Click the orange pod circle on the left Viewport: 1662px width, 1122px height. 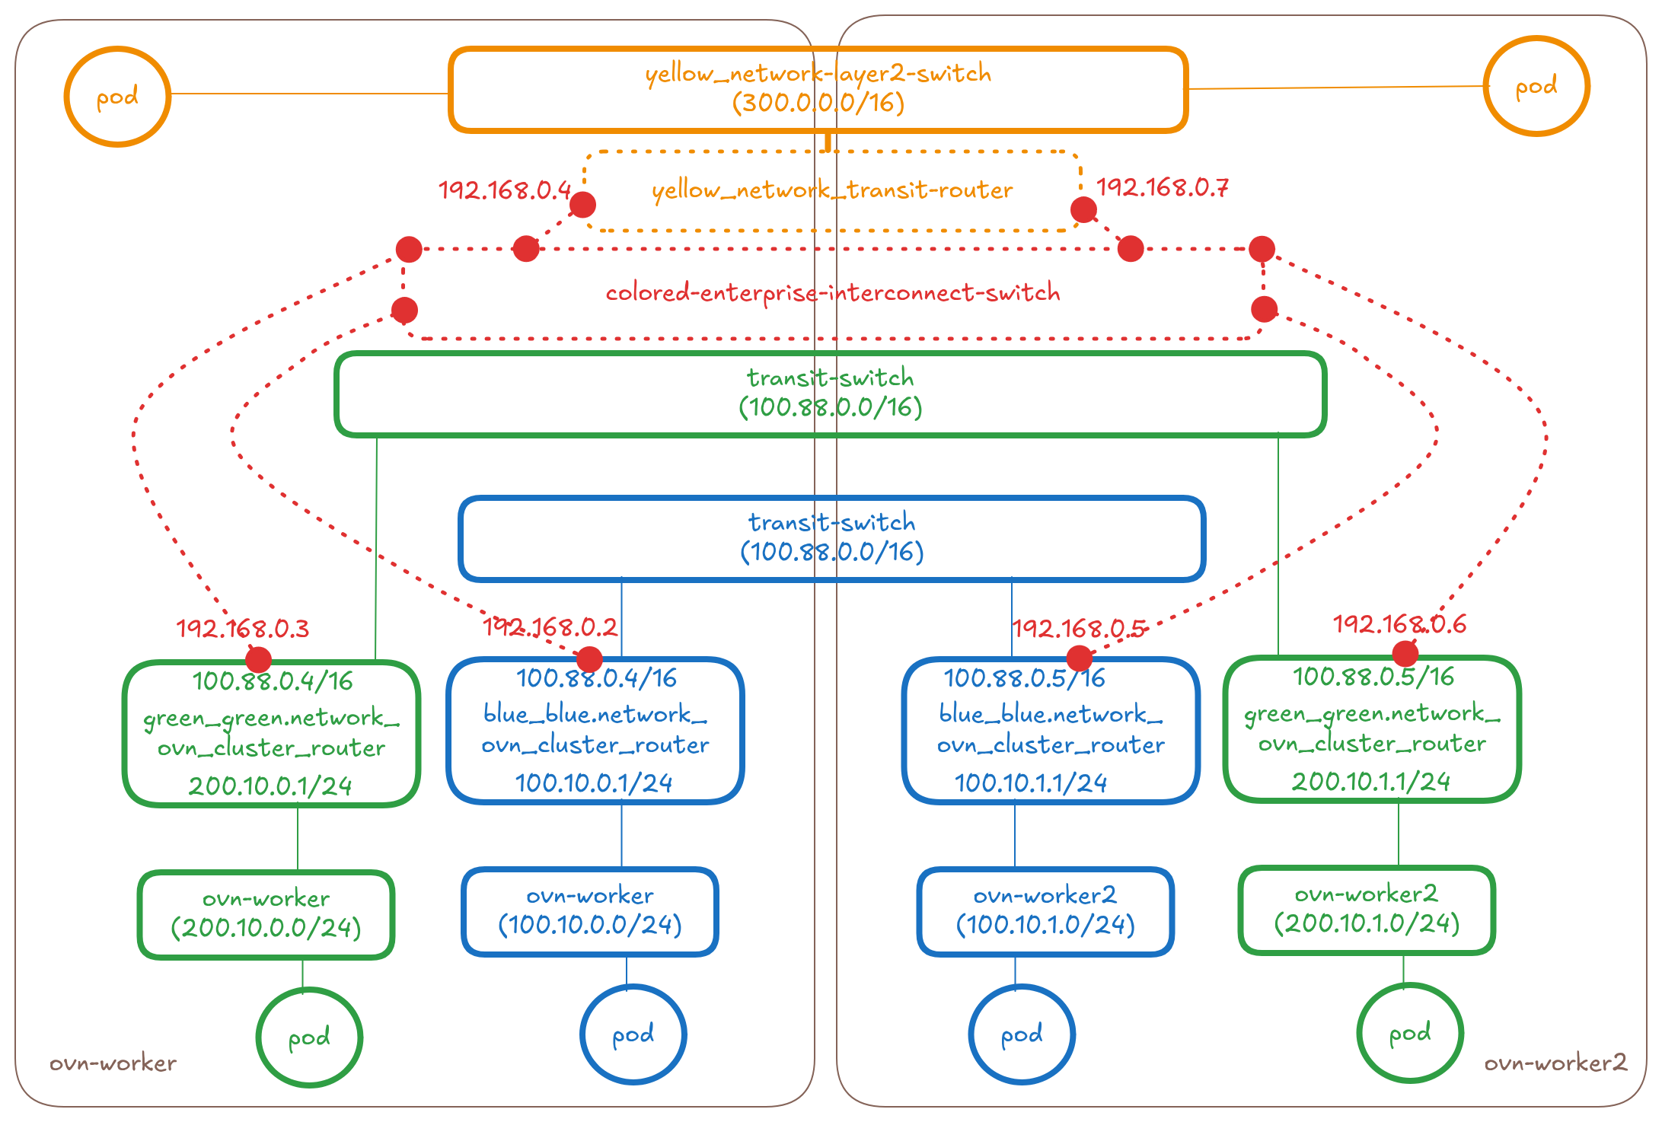point(117,97)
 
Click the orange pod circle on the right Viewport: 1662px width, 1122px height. point(1536,87)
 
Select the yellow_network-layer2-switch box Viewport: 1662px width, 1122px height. point(818,89)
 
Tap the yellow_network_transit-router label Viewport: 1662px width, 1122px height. point(832,190)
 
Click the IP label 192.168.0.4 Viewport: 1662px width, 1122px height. point(504,190)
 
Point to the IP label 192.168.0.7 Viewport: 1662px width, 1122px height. point(1162,187)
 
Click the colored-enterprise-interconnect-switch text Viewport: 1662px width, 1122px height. point(832,292)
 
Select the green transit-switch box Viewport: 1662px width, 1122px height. point(830,394)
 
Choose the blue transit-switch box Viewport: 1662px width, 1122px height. point(831,538)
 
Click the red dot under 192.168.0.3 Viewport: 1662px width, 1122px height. point(258,659)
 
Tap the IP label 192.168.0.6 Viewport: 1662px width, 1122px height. point(1399,624)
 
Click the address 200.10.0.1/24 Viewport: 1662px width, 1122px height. point(270,786)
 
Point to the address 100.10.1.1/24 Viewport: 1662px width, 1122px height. point(1031,783)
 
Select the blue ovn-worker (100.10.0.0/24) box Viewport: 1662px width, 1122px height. point(590,911)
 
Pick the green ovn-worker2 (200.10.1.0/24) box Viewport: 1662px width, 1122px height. point(1367,910)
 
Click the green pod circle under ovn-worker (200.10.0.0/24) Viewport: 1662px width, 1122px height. point(309,1037)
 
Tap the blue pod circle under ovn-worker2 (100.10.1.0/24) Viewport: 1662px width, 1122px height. point(1022,1034)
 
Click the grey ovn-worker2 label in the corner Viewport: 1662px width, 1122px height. point(1555,1063)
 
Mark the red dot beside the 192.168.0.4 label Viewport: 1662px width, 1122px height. point(583,205)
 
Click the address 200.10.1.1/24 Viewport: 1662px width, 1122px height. point(1370,782)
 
